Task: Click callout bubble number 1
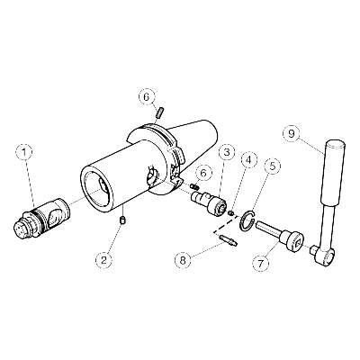25,152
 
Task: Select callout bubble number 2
103,260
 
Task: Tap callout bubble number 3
226,152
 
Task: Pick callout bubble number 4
248,161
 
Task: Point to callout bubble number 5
273,166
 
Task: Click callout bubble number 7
260,264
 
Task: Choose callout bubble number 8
184,260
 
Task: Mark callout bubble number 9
292,133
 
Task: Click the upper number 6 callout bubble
148,97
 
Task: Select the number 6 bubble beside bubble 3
203,174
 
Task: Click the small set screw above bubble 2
122,220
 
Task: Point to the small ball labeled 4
231,213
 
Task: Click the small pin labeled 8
229,240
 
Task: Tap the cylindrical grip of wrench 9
332,173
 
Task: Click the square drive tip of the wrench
312,248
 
